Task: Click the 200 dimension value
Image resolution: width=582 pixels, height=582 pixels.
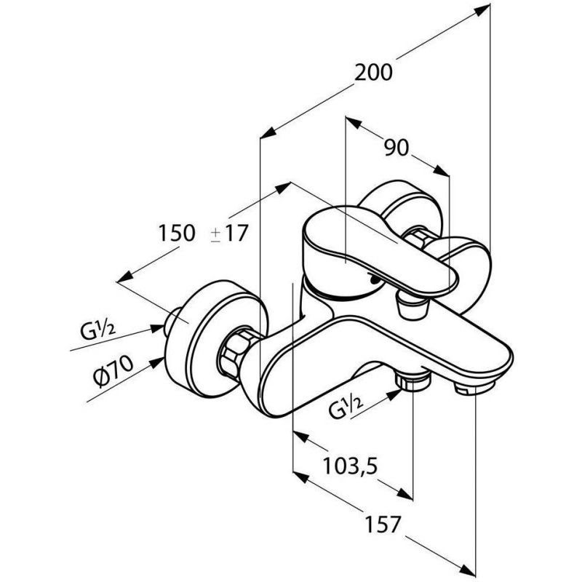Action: tap(373, 72)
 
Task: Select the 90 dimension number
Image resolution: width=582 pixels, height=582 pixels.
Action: tap(396, 148)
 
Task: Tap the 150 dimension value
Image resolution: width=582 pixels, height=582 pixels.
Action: tap(177, 233)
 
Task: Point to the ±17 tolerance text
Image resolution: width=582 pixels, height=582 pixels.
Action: tap(229, 234)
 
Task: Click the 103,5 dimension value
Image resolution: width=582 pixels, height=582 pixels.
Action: tap(350, 466)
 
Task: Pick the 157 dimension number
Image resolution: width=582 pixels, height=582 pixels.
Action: tap(383, 524)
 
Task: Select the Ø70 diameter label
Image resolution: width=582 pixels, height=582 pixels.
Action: tap(113, 371)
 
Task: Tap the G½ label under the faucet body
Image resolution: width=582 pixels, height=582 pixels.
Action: tap(345, 407)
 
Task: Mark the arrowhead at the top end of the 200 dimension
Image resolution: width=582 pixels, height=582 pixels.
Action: tap(482, 10)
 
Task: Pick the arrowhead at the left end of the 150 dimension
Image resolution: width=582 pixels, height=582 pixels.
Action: tap(125, 276)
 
